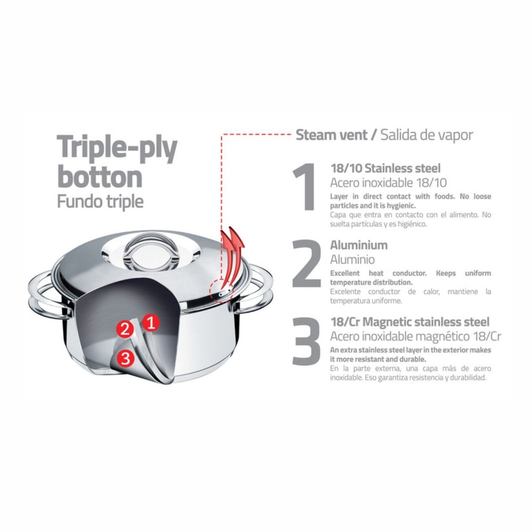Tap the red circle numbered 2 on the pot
coord(125,329)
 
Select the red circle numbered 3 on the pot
coord(126,357)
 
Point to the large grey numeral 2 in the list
coord(307,263)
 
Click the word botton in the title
coord(100,177)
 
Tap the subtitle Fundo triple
coord(100,202)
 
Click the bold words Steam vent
coord(331,135)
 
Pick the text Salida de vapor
coord(427,135)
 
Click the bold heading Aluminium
coord(359,245)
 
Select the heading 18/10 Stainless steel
coord(385,168)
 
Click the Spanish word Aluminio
coord(353,260)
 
